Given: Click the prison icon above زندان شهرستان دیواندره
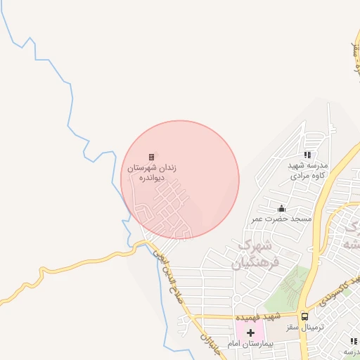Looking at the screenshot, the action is point(151,157).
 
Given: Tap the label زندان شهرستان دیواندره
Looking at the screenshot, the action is point(151,174).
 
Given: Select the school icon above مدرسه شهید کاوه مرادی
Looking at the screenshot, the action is point(307,155).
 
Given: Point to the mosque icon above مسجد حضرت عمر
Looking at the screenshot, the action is point(282,208).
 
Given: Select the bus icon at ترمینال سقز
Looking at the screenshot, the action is point(304,316).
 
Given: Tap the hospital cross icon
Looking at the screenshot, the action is point(250,331).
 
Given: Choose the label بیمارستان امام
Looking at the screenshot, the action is point(244,344).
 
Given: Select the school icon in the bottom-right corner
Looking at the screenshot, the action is point(349,341).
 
